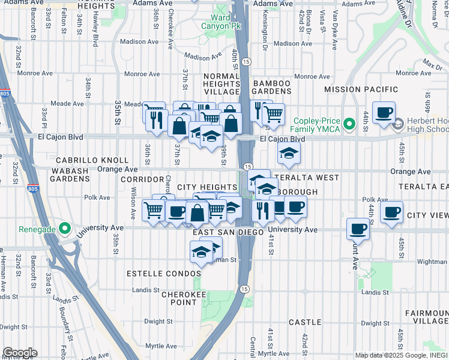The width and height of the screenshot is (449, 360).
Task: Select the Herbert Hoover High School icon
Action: click(397, 124)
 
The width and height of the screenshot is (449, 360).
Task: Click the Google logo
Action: click(20, 353)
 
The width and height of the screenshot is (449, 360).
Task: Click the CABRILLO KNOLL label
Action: click(92, 160)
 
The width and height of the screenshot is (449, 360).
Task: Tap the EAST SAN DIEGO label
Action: click(228, 232)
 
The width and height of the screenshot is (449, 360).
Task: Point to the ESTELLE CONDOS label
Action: click(163, 273)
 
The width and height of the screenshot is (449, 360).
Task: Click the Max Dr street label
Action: click(432, 62)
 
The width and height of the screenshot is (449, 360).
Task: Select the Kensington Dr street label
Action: click(264, 36)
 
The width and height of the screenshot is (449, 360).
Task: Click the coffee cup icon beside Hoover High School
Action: click(384, 112)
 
